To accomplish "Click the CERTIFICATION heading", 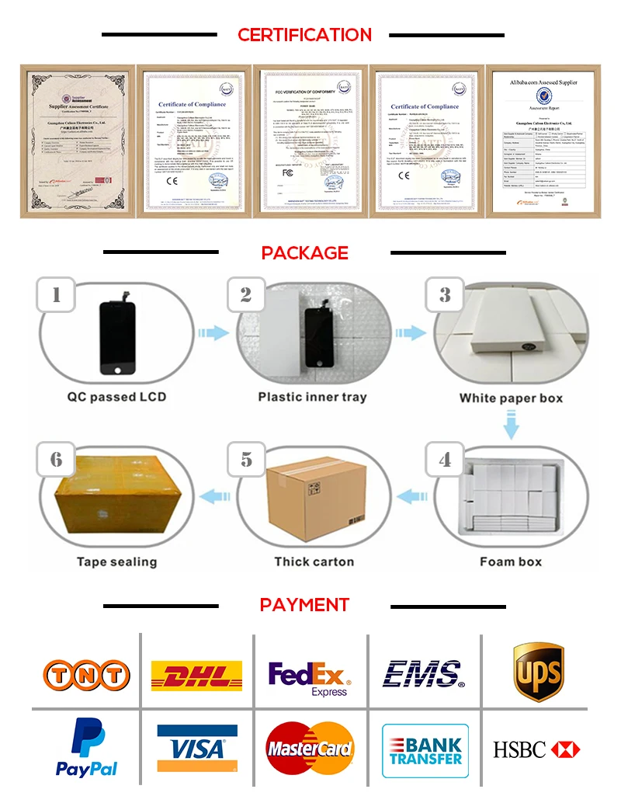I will click(304, 35).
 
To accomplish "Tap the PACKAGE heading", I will click(304, 252).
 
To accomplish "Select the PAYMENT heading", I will click(304, 605).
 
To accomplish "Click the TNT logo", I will click(85, 673).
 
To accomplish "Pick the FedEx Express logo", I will click(310, 677).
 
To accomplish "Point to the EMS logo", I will click(424, 673).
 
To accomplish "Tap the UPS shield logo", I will click(538, 671).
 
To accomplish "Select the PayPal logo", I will click(86, 747).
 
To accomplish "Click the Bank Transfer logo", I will click(424, 749).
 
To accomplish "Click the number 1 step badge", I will click(55, 295).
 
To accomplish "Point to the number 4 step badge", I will click(444, 459).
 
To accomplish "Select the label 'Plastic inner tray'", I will click(312, 397).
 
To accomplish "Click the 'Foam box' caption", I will click(511, 561).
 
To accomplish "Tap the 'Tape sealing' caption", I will click(116, 561).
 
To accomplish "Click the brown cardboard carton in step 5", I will click(313, 497).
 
